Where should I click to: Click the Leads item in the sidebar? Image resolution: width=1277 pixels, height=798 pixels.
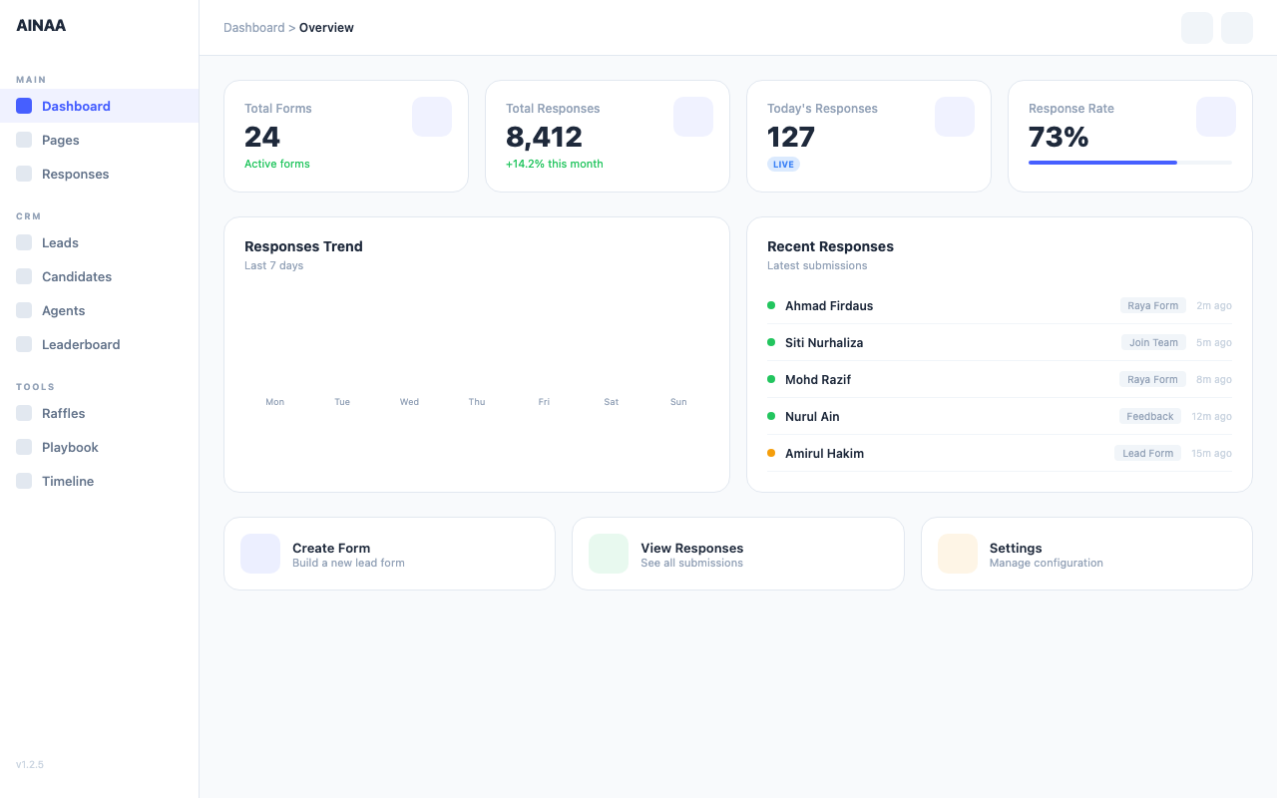(x=60, y=242)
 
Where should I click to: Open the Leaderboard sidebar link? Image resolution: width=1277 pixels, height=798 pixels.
(x=80, y=344)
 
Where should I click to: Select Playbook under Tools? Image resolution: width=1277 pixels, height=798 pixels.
(x=70, y=447)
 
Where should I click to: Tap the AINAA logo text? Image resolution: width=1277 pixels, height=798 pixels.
(x=41, y=26)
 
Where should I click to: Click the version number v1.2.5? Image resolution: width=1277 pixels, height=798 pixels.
(x=30, y=765)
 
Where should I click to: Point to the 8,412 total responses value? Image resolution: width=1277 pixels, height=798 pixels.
(x=544, y=137)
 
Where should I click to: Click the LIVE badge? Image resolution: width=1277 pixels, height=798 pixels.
(x=783, y=164)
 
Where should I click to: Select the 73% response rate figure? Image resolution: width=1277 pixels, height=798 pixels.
(x=1059, y=137)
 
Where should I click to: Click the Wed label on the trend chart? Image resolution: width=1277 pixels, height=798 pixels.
(x=409, y=402)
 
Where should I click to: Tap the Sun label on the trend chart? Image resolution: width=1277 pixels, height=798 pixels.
(x=678, y=402)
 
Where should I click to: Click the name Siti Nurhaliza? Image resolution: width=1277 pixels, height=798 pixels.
(x=824, y=342)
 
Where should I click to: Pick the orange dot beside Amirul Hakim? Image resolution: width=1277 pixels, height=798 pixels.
(x=771, y=453)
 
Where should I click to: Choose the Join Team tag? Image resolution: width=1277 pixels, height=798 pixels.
(x=1153, y=342)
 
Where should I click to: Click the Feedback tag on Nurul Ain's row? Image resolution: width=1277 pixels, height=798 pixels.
(x=1149, y=416)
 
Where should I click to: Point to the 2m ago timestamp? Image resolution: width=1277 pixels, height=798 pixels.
(x=1214, y=305)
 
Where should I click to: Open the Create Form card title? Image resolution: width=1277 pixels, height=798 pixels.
(x=331, y=548)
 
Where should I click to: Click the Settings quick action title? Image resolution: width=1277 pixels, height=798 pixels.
(x=1016, y=548)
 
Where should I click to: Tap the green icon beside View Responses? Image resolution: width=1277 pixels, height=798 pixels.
(x=609, y=554)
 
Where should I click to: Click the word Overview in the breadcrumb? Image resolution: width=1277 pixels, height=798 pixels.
(x=326, y=28)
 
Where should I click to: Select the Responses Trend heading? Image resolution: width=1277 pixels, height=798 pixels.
(x=303, y=246)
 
